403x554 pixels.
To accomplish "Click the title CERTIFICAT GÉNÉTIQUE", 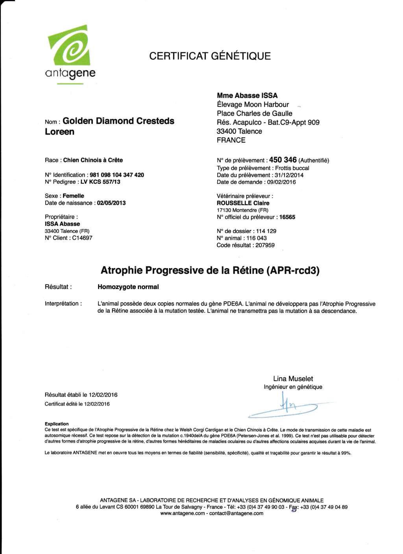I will point(210,56).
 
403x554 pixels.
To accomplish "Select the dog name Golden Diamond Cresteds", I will point(118,121).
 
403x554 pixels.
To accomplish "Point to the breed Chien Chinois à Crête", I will point(93,160).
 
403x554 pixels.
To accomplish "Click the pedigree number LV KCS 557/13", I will point(100,182).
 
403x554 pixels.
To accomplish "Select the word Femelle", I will point(73,196).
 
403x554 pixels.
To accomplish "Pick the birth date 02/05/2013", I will point(111,203).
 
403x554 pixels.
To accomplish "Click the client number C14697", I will point(82,238).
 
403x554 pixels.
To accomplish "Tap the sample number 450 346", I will point(283,160).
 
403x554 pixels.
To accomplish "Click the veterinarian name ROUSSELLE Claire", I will point(243,203).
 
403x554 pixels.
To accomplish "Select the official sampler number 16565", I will point(287,217).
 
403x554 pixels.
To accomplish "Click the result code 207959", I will point(265,245).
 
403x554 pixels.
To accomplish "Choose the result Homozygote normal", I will point(128,287).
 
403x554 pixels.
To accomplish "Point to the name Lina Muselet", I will point(293,379).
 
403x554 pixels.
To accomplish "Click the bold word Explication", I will point(57,424).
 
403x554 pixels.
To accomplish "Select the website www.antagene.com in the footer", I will point(183,513).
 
